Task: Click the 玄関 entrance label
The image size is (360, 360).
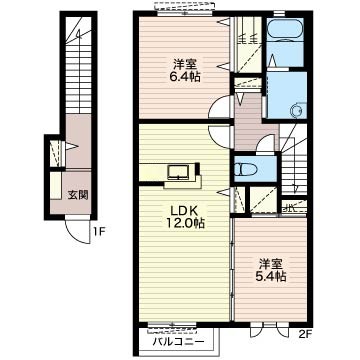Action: pyautogui.click(x=78, y=195)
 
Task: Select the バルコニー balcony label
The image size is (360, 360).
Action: pyautogui.click(x=178, y=342)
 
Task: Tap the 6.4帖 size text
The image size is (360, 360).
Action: pyautogui.click(x=184, y=77)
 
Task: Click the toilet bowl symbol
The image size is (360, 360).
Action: pyautogui.click(x=246, y=170)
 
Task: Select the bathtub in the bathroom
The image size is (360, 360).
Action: pyautogui.click(x=285, y=28)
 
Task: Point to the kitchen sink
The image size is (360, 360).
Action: pyautogui.click(x=179, y=172)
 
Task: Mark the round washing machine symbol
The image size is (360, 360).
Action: pyautogui.click(x=296, y=110)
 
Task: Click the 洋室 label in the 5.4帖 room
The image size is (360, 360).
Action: pyautogui.click(x=271, y=264)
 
